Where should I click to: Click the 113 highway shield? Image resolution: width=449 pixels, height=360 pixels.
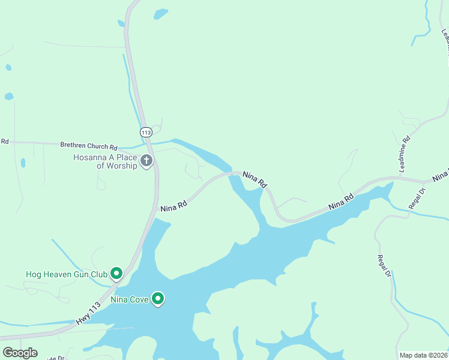[x=146, y=131]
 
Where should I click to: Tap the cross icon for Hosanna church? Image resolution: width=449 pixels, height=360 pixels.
[x=146, y=161]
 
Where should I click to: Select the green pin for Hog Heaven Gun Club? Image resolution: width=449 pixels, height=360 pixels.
[x=116, y=274]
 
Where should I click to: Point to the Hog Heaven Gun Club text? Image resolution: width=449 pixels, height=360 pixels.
[x=67, y=274]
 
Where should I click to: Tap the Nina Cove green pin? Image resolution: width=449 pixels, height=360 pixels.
[x=158, y=298]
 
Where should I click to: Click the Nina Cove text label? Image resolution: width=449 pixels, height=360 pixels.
[x=130, y=298]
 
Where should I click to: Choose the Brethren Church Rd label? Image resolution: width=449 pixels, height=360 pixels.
[x=88, y=146]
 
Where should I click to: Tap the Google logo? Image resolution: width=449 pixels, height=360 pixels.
[x=20, y=353]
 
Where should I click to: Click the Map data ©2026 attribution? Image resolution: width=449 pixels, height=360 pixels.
[x=423, y=355]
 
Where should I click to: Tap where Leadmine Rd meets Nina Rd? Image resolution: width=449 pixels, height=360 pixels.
[x=401, y=178]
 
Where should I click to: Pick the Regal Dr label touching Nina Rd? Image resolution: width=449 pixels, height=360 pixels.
[x=416, y=199]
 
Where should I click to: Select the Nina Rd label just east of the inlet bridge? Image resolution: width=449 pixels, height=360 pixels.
[x=255, y=179]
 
